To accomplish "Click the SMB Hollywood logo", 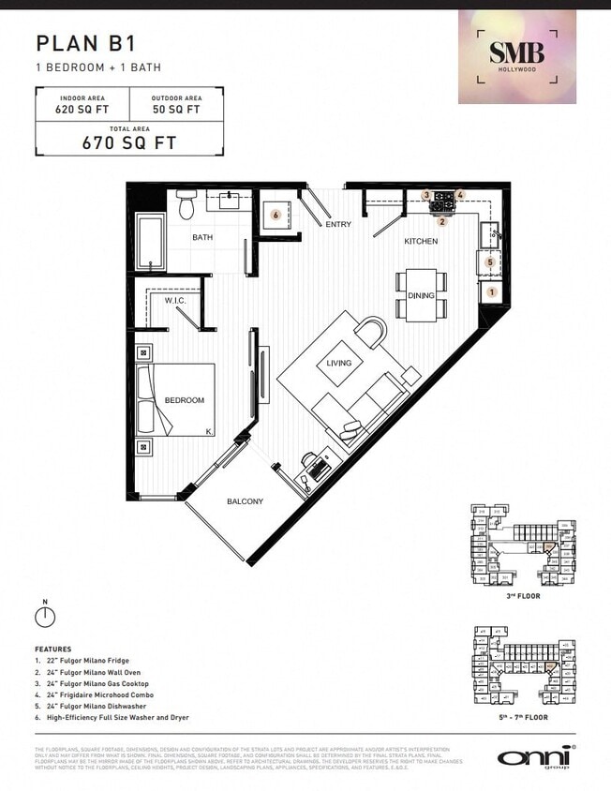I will coord(517,56).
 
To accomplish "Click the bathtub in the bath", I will coord(150,243).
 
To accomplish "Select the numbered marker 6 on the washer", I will coord(276,215).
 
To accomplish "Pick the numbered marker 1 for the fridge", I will coord(492,291).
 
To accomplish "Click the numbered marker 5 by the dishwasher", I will coord(491,263).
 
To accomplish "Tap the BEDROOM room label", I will coord(184,400).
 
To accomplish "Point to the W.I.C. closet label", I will coord(174,301).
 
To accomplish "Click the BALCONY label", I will coord(245,501).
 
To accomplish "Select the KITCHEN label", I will coord(421,242).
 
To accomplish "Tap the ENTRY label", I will coord(337,225).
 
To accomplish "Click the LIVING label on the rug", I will coord(338,363).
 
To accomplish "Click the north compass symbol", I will coord(43,616).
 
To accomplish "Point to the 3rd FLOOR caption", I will coord(522,594).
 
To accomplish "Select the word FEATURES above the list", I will coord(52,649).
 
